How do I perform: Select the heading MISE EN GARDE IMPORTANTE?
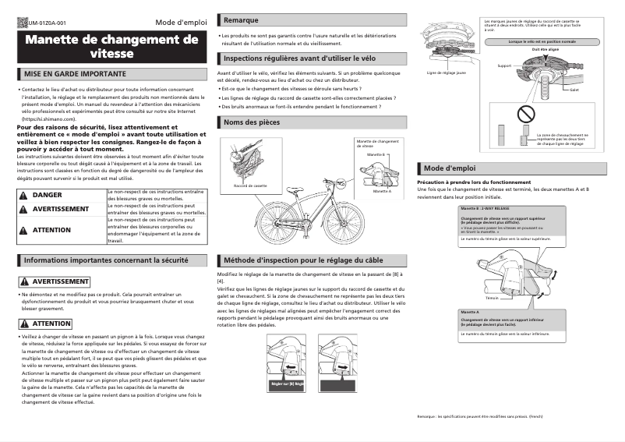(x=75, y=74)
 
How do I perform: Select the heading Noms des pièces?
(x=252, y=122)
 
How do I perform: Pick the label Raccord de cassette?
(x=249, y=186)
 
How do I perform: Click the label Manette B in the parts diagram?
(x=370, y=155)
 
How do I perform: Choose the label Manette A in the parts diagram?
(x=381, y=191)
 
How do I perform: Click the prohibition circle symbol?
(x=528, y=116)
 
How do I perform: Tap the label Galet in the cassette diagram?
(x=574, y=90)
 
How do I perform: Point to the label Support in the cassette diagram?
(x=504, y=65)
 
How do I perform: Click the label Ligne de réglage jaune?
(x=447, y=72)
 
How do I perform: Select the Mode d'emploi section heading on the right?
(x=450, y=168)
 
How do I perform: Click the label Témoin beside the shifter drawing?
(x=491, y=298)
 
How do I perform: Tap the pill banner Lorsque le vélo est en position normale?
(x=542, y=41)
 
